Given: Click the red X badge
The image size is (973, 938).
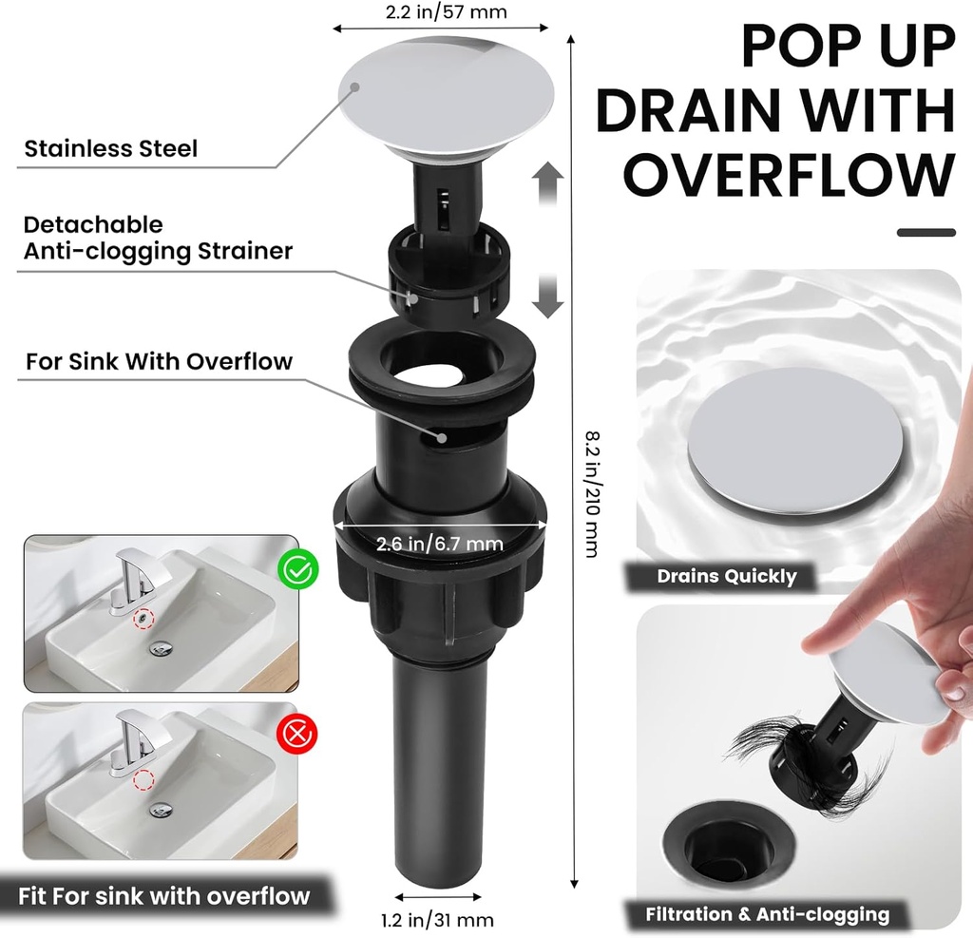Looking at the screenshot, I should pos(297,734).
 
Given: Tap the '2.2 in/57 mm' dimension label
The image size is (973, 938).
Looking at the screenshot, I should pos(446,12).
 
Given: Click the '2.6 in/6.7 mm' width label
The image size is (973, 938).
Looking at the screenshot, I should pos(439,544).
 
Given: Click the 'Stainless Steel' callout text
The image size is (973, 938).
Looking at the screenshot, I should pos(111,148).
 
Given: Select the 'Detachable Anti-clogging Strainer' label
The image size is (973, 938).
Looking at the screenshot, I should pos(158,238).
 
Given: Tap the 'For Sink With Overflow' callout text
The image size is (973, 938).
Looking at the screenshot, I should pos(159,361).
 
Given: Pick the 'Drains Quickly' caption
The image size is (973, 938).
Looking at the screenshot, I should pos(727,576).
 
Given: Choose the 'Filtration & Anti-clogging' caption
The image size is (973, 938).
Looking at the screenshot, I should pos(767,914).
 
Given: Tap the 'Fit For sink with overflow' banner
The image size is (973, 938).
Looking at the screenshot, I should pos(164,895).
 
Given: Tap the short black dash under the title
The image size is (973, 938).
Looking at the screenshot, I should pos(925,232).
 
